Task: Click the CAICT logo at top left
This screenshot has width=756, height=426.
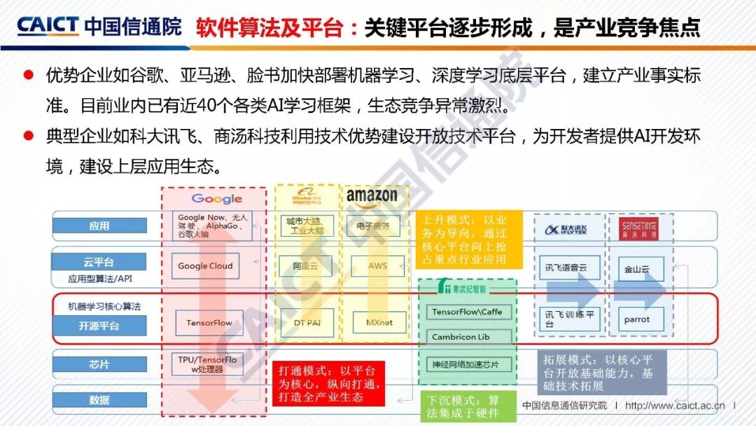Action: [x=48, y=26]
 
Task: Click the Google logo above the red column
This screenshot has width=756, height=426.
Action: [x=216, y=199]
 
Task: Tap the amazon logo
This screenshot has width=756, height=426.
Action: [x=371, y=196]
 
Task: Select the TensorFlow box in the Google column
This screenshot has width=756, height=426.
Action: [x=209, y=323]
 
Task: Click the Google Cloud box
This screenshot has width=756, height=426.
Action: [x=205, y=266]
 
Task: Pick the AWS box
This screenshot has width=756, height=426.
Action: [x=377, y=266]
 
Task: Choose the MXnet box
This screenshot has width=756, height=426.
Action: [x=379, y=323]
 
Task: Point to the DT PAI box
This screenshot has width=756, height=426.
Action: [x=303, y=323]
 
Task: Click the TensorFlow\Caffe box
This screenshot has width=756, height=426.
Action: [x=467, y=312]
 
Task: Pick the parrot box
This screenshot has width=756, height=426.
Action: [x=636, y=319]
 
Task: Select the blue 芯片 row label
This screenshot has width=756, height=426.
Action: [x=99, y=364]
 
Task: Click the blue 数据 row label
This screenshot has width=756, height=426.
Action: [x=99, y=400]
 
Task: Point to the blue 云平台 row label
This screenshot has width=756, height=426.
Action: [x=99, y=262]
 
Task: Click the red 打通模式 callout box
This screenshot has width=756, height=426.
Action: [x=330, y=383]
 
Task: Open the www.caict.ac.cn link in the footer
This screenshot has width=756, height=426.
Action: [x=676, y=406]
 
